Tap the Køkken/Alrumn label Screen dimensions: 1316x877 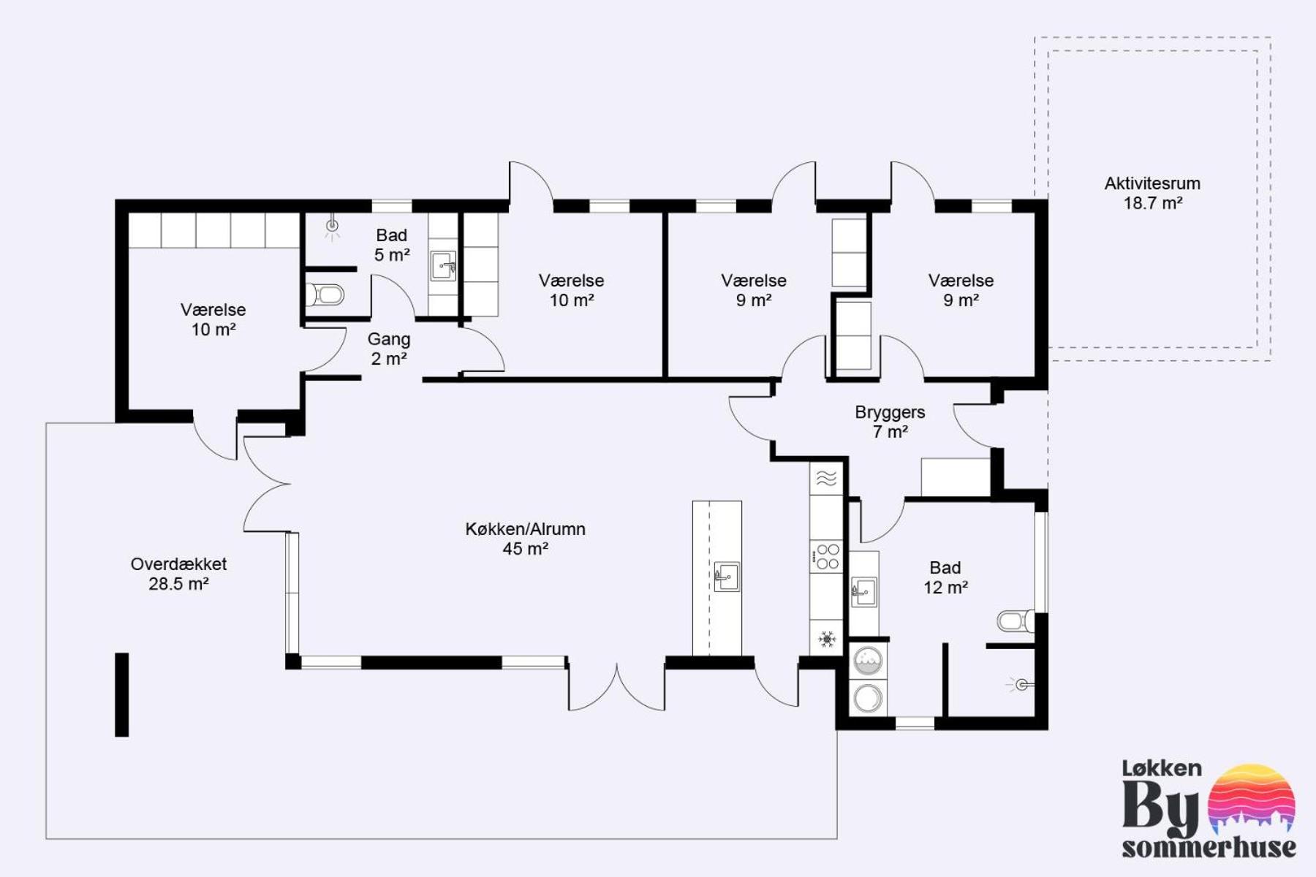[x=526, y=529]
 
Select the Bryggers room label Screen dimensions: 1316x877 [x=890, y=413]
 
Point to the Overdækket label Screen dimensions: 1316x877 [x=178, y=564]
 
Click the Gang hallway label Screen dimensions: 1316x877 [x=389, y=340]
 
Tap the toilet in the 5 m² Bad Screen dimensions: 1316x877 [x=325, y=295]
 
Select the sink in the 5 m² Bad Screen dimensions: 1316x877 [x=443, y=266]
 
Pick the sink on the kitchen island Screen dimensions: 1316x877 [x=726, y=577]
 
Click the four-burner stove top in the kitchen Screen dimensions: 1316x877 [x=827, y=557]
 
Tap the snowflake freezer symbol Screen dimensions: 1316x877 [x=827, y=639]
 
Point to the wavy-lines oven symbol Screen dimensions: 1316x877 [x=826, y=478]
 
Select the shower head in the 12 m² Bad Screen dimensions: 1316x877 [x=1021, y=685]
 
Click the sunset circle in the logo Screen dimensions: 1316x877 [x=1251, y=800]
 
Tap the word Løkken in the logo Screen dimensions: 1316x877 [x=1162, y=768]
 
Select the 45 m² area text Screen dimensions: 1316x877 [x=526, y=549]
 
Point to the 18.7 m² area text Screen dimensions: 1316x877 [x=1153, y=203]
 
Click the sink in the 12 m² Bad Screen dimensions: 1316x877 [x=863, y=591]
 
